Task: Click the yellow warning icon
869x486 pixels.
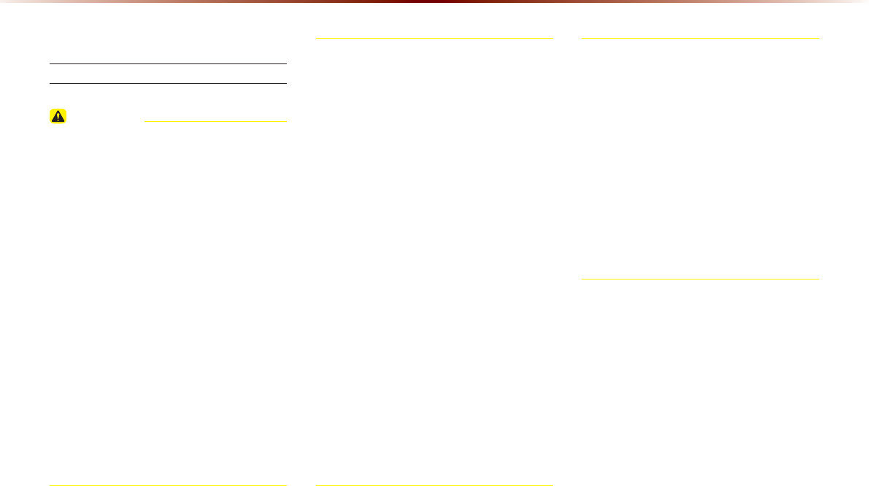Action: pyautogui.click(x=58, y=116)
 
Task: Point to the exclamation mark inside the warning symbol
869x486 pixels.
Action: pyautogui.click(x=58, y=117)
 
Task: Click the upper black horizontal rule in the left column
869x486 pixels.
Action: pyautogui.click(x=168, y=63)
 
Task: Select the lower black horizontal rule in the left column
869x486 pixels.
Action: pyautogui.click(x=168, y=83)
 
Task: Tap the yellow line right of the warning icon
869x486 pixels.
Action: pyautogui.click(x=215, y=121)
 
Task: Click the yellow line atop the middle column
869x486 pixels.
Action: pyautogui.click(x=434, y=38)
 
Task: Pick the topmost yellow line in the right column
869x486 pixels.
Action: pyautogui.click(x=700, y=38)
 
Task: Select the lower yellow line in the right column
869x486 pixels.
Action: pyautogui.click(x=700, y=279)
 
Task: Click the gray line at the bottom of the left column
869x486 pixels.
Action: pyautogui.click(x=168, y=485)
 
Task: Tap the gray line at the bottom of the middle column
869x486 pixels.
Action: pyautogui.click(x=434, y=485)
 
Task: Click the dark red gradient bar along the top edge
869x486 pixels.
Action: pyautogui.click(x=434, y=1)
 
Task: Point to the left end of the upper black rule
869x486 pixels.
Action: pyautogui.click(x=50, y=63)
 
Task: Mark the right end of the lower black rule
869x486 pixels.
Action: pyautogui.click(x=286, y=83)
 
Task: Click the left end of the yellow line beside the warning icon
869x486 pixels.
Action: pyautogui.click(x=146, y=121)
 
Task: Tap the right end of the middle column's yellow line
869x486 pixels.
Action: pyautogui.click(x=552, y=38)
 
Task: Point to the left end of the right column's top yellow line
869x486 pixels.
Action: pyautogui.click(x=582, y=38)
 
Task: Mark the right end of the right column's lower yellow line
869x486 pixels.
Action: pyautogui.click(x=819, y=279)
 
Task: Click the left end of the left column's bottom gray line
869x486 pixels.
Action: pyautogui.click(x=50, y=485)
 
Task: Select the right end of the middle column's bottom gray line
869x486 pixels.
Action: pyautogui.click(x=552, y=485)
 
